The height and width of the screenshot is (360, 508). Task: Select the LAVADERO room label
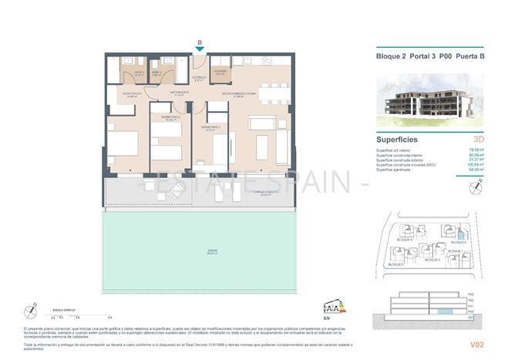tap(220, 72)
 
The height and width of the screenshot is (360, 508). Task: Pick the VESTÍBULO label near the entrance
tap(199, 78)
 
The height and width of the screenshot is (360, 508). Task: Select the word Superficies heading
tap(397, 140)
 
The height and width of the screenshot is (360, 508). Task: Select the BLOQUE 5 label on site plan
tap(396, 264)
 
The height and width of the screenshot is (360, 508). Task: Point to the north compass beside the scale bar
tap(31, 310)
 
